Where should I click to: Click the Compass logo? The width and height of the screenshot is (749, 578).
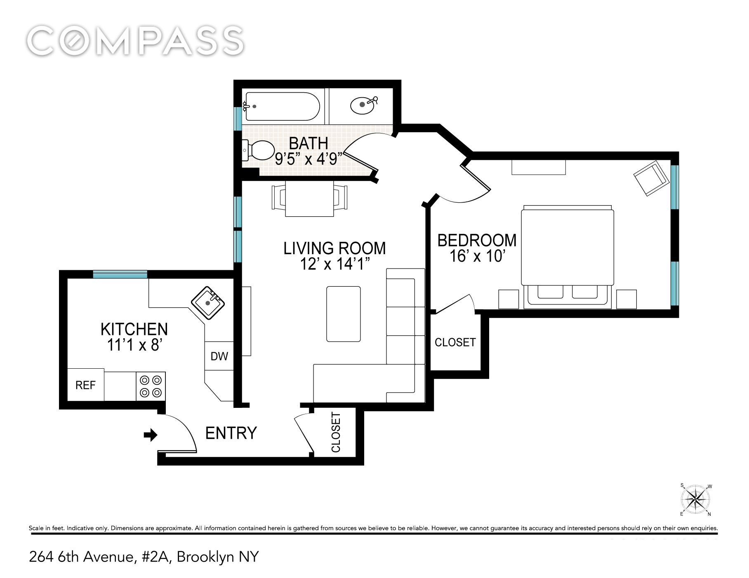click(x=135, y=41)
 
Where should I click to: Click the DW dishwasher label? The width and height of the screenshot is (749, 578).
click(x=219, y=356)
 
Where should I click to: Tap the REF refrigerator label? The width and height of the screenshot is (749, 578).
click(x=85, y=385)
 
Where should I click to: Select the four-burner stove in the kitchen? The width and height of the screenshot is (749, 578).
click(x=151, y=386)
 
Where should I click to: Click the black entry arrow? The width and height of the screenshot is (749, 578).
click(x=151, y=435)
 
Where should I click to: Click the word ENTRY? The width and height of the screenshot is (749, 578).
click(x=231, y=433)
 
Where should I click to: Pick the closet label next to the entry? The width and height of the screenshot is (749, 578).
click(x=336, y=432)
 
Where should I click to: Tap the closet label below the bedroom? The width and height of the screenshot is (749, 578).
click(x=455, y=342)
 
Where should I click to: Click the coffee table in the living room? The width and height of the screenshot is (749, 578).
click(x=343, y=314)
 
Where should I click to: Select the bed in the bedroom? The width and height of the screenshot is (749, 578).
click(x=568, y=257)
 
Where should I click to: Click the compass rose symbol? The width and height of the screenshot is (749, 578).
click(x=696, y=500)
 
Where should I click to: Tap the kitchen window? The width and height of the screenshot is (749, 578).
click(x=120, y=274)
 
